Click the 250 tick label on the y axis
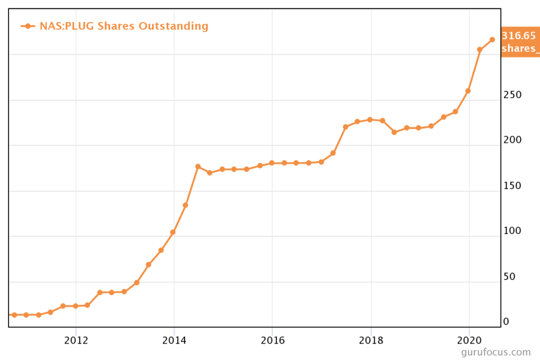512,95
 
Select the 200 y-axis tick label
512,140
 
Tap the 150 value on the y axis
512,186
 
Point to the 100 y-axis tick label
512,231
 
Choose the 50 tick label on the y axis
509,276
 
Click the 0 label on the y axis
506,322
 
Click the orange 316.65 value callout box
519,42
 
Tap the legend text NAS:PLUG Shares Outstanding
124,26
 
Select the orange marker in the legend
28,26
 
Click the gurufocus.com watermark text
495,352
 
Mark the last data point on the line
492,40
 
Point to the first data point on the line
14,315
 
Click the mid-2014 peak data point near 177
198,167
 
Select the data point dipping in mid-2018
394,132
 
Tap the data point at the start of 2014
172,232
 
